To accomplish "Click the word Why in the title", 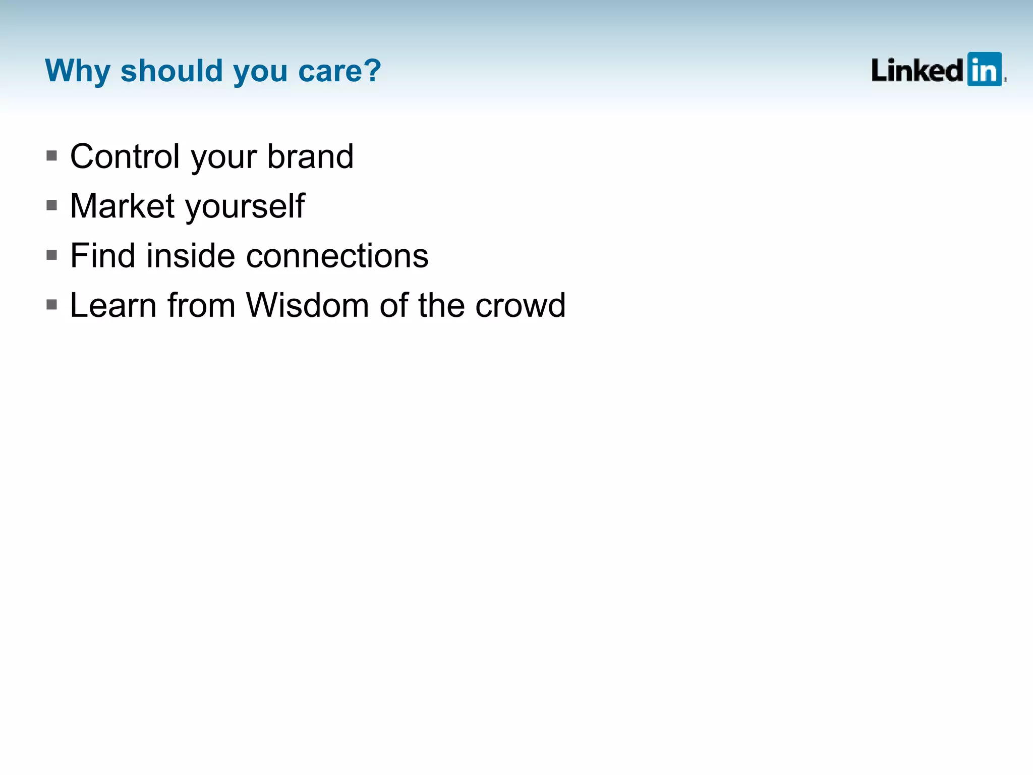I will pos(77,71).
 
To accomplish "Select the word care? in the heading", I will pos(339,71).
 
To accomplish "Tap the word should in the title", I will pos(171,71).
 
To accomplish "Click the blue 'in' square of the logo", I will pos(984,69).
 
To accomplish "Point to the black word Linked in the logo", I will pos(917,70).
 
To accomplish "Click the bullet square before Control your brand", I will pos(51,155).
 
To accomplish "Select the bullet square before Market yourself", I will pos(51,205).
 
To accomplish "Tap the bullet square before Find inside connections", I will pos(51,255).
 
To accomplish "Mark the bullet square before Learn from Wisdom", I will pos(51,304).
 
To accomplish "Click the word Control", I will pos(125,156).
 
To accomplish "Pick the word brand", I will pos(310,156).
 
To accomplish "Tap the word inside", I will pos(191,255).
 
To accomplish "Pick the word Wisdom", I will pos(307,305).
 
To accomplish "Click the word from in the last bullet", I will pos(201,305).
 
